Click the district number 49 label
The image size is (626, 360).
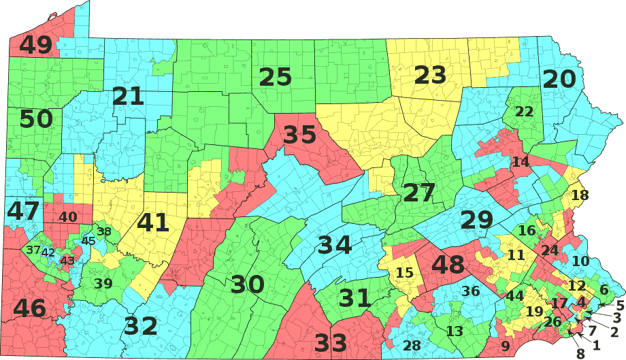coord(36,46)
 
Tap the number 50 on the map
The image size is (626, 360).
coord(36,119)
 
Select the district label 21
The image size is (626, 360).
coord(129,96)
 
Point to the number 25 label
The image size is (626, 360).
coord(276,77)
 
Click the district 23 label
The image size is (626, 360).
coord(430,75)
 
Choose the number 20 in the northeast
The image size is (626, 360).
coord(559,80)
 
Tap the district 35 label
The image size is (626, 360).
coord(300,135)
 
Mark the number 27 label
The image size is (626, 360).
coord(418,193)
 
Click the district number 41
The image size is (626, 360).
coord(153,223)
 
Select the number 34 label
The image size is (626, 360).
coord(334,245)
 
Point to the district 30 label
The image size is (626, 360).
coord(248,284)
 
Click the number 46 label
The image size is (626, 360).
coord(29,308)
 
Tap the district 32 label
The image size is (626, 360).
coord(141,327)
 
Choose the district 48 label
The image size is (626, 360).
coord(448,265)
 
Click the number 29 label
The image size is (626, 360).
coord(476,220)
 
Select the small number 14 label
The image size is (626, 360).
coord(521,162)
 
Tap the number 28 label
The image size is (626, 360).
coord(412,346)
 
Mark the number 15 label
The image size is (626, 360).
coord(404,274)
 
